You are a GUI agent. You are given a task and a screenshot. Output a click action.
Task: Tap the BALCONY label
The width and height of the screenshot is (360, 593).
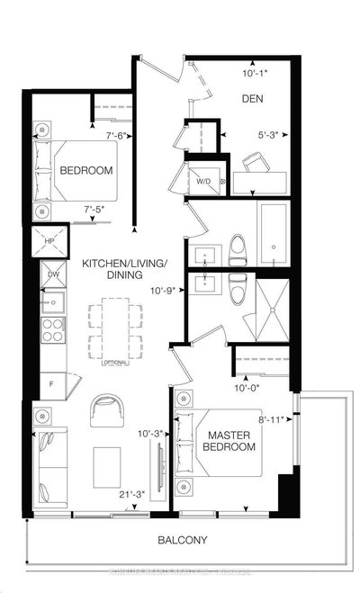pyautogui.click(x=181, y=540)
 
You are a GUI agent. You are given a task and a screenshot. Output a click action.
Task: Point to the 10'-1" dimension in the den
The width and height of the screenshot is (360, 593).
pyautogui.click(x=255, y=75)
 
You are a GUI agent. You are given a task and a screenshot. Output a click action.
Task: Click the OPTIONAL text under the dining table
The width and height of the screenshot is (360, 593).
pyautogui.click(x=114, y=363)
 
